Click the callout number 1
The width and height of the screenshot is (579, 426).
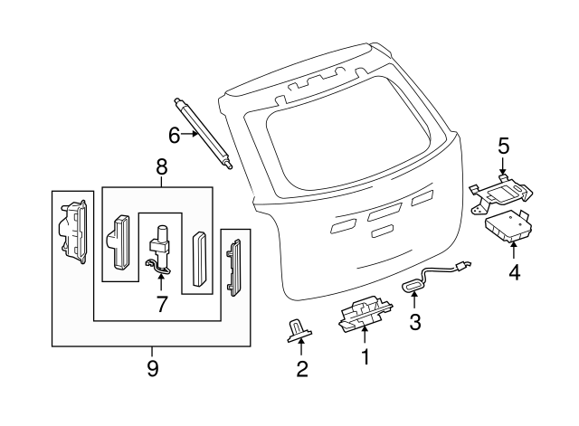point(365,356)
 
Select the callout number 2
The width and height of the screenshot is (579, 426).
point(302,369)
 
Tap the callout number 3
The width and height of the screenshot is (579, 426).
point(415,322)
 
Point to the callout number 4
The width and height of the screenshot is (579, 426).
point(515,272)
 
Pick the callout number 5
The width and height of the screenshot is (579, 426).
point(503,146)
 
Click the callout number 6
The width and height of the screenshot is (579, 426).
point(175,135)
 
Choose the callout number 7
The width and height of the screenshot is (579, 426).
point(161,304)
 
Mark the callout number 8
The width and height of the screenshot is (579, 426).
point(161,166)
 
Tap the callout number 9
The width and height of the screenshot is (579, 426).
point(153,368)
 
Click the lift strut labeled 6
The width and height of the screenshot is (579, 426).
point(203,133)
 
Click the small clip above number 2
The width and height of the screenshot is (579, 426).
point(299,331)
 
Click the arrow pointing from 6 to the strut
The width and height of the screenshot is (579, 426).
point(190,134)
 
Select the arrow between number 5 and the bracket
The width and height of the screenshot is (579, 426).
point(503,166)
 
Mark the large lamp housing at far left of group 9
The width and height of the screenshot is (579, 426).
point(73,232)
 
